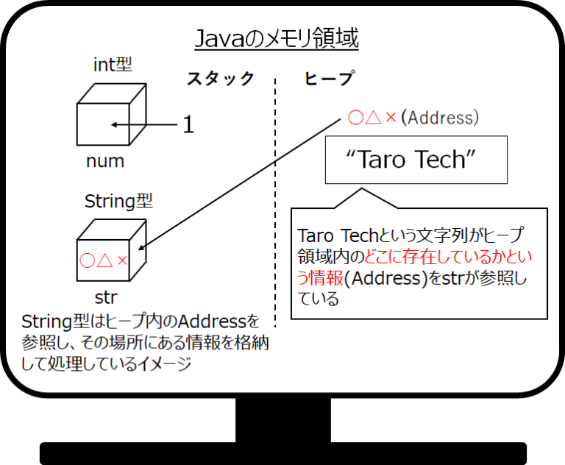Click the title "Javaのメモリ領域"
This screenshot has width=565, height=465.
coord(277,38)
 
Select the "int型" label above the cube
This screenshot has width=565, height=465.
coord(113,65)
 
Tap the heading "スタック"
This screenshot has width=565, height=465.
coord(221,79)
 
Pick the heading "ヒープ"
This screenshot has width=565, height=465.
coord(330,78)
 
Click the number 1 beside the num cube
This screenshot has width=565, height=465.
coord(188,125)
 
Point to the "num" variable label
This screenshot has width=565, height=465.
coord(105,161)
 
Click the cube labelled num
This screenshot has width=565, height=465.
coord(112,115)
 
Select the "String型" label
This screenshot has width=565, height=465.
coord(118,201)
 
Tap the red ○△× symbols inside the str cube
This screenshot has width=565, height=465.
coord(104,260)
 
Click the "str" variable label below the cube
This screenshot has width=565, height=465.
coord(106,298)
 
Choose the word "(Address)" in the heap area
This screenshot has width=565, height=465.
coord(440,118)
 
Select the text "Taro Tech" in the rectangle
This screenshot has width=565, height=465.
coord(411,159)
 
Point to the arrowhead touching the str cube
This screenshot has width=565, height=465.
coord(141,247)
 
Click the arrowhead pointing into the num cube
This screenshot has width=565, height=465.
coord(114,125)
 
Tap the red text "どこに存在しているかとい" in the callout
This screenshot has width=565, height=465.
coord(449,257)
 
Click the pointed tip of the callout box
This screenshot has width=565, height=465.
coord(362,188)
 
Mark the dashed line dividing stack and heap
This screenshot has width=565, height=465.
coord(275,202)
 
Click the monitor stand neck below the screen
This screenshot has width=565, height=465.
coord(283,420)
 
